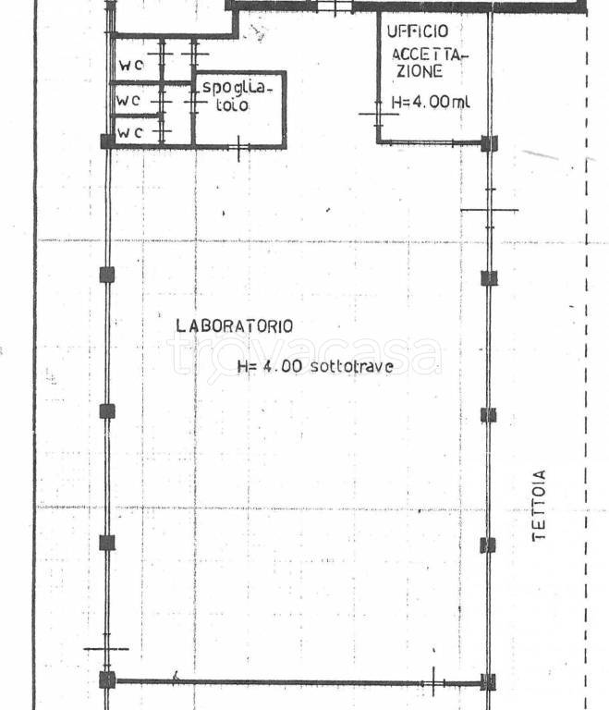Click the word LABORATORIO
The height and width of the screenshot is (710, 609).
point(234,325)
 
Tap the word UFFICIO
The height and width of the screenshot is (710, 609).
point(418,31)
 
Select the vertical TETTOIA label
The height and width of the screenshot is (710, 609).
point(539,505)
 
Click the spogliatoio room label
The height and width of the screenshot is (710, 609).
point(237,95)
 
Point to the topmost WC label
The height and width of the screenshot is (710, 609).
point(131,66)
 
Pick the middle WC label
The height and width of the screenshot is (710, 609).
point(128,100)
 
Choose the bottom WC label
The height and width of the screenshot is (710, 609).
point(130,133)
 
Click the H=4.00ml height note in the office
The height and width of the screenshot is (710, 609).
point(431,102)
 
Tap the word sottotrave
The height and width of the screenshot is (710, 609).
point(351,366)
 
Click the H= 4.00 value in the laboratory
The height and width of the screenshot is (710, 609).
point(270,366)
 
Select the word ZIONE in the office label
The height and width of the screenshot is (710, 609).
point(420,71)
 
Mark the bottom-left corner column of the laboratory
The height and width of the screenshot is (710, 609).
point(107,680)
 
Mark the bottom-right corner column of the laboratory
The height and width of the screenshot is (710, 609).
point(488,682)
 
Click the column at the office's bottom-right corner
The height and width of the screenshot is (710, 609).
point(489,143)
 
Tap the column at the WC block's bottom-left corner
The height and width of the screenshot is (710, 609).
point(108,141)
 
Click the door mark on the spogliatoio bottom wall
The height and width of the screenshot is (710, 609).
point(238,148)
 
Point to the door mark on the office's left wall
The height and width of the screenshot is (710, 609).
point(379,114)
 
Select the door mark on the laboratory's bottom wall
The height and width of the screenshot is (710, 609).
point(433,682)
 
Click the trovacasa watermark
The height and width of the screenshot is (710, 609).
point(304,355)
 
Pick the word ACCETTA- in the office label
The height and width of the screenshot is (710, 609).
point(430,55)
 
